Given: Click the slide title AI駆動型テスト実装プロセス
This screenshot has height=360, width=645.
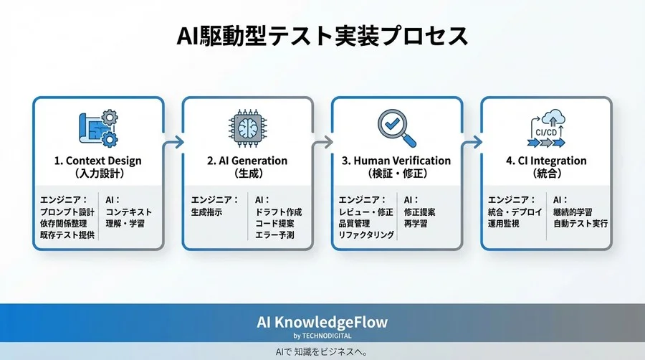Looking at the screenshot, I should [x=322, y=36].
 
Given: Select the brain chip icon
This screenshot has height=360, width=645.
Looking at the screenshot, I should [x=247, y=128].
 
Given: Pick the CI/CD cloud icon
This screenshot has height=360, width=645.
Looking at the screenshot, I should [x=545, y=128].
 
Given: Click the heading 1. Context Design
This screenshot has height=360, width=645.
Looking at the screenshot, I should [x=98, y=161].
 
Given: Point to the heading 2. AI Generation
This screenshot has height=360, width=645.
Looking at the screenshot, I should [x=247, y=161].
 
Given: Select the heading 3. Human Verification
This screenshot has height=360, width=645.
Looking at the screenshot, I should [x=396, y=161].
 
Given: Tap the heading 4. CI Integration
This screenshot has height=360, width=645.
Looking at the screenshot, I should [x=546, y=161].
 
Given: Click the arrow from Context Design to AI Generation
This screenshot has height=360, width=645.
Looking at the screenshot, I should [x=173, y=143].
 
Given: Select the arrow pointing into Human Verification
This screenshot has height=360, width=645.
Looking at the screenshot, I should [x=322, y=143].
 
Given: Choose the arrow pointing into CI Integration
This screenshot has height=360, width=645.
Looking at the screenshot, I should [x=472, y=143].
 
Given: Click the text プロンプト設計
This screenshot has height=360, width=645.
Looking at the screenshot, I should [x=67, y=212].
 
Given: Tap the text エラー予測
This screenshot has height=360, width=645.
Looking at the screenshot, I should [x=274, y=235].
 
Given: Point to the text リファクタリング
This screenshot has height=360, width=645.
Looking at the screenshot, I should [x=365, y=235].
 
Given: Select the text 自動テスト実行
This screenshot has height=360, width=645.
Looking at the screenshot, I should [x=580, y=224].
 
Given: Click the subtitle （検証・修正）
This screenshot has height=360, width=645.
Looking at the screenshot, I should [x=396, y=174].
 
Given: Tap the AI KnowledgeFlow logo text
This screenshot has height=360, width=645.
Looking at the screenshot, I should [x=322, y=322].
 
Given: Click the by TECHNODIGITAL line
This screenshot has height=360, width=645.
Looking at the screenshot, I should [x=322, y=336].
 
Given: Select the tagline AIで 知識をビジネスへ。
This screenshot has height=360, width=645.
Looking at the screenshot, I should [x=322, y=352].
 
